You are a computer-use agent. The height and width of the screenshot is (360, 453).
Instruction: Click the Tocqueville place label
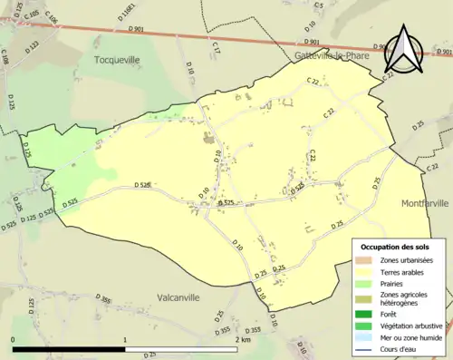[x=118, y=59]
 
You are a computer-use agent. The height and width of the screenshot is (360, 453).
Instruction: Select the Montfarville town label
[x=425, y=203]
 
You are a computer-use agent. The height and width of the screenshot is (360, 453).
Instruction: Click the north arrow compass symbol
[x=402, y=48]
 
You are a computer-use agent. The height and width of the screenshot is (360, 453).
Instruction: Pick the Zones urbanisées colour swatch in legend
[x=363, y=259]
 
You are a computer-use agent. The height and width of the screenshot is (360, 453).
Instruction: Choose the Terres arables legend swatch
[x=363, y=272]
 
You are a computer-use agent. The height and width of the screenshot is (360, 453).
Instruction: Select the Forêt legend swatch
[x=363, y=314]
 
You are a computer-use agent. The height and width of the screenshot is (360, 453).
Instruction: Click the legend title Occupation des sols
[x=395, y=247]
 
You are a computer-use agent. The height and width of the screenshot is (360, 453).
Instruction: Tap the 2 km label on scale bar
[x=242, y=339]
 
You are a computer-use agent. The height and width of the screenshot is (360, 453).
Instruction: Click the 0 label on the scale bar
[x=13, y=339]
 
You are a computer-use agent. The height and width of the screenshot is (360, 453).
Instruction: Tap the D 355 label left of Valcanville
[x=105, y=300]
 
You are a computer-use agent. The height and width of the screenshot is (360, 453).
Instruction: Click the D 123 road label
[x=34, y=45]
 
